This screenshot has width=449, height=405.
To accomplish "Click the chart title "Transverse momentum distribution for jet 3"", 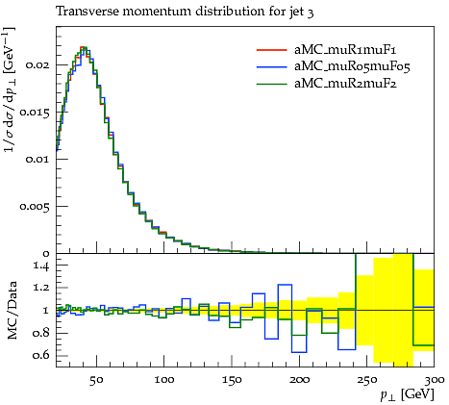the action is click(185, 12).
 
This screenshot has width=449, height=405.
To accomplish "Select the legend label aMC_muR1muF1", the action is click(345, 50).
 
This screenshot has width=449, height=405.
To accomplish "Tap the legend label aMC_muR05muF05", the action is click(352, 66).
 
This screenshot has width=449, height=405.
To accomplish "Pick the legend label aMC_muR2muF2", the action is click(345, 84).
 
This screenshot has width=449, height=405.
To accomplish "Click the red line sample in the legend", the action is click(272, 50).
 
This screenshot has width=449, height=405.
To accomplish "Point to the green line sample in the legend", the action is click(272, 84).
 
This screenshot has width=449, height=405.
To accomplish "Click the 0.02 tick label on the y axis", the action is click(37, 64).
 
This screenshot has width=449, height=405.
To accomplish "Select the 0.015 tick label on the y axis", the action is click(35, 113).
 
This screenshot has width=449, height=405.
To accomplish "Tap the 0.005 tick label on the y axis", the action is click(35, 206).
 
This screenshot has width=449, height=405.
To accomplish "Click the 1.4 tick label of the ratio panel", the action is click(41, 266).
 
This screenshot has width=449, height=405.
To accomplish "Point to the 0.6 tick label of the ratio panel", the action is click(41, 355).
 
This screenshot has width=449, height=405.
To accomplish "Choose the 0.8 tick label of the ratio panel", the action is click(41, 333).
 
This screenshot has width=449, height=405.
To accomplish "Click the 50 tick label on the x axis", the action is click(96, 380).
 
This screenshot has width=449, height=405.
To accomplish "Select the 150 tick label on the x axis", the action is click(232, 380).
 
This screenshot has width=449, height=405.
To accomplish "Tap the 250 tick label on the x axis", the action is click(367, 380).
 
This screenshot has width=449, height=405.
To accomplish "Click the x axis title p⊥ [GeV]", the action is click(407, 394).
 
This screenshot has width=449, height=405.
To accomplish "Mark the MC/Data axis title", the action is click(12, 310).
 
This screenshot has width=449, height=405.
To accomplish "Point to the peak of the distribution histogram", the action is click(84, 47).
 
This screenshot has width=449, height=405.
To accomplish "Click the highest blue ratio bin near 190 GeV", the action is click(285, 285).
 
